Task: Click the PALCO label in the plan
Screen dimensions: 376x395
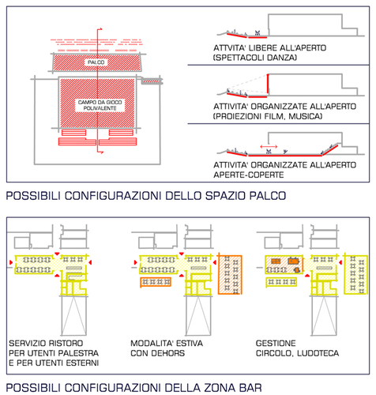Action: coord(96,62)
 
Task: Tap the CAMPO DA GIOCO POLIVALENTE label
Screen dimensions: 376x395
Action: coord(100,105)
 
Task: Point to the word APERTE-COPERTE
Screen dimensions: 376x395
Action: coord(249,175)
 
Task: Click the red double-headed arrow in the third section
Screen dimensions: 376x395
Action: coord(269,147)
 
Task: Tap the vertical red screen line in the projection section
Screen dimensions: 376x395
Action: coord(268,84)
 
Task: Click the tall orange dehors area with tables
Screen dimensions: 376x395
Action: coord(230,274)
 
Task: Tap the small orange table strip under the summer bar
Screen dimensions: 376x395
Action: coord(156,282)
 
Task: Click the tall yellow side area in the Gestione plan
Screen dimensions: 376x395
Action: coord(355,274)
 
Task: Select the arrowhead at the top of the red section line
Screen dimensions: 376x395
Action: coord(100,29)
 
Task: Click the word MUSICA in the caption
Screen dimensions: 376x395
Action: coord(305,116)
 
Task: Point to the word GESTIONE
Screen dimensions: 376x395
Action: coord(276,344)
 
